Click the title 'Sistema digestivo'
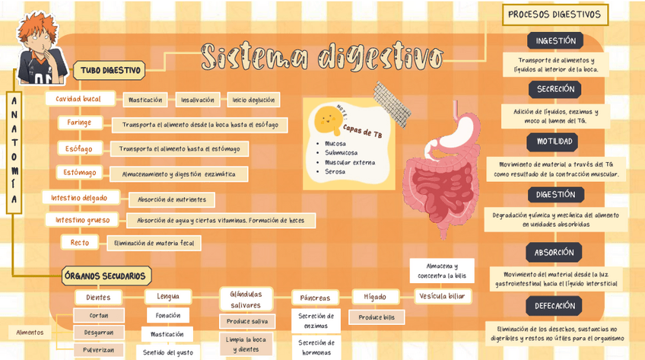(322, 56)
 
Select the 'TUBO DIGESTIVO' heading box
(110, 71)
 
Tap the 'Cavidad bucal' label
(78, 99)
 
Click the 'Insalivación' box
(196, 100)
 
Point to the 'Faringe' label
(79, 123)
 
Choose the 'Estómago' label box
(80, 173)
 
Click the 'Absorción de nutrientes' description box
(171, 199)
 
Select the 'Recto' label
(80, 243)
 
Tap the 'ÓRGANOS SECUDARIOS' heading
(106, 276)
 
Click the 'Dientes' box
(98, 297)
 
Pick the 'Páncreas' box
(315, 298)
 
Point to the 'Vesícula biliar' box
(441, 296)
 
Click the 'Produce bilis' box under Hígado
(377, 317)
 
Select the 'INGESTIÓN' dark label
(555, 41)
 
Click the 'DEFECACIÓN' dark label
(554, 306)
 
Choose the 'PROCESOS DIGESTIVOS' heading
(554, 14)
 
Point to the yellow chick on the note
(329, 116)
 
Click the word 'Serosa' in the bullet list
(335, 171)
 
